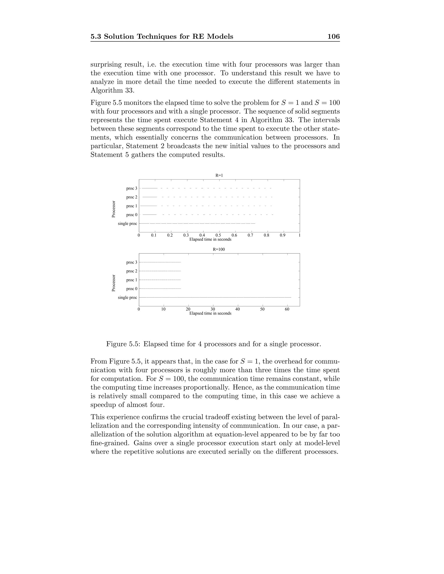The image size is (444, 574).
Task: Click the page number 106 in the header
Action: pos(333,37)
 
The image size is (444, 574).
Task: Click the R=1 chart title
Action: pos(219,175)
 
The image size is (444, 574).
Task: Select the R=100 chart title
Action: pos(219,249)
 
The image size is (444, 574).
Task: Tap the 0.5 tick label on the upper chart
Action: pos(218,235)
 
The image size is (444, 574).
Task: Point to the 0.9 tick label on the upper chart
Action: pos(282,235)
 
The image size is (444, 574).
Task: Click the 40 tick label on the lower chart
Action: pos(238,309)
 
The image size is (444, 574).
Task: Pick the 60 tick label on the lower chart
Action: pos(287,309)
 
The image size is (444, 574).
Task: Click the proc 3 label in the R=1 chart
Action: pos(132,188)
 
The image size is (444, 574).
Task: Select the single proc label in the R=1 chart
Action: pos(127,224)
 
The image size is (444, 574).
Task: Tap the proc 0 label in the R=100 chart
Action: pos(132,289)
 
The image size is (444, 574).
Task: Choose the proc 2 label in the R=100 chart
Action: pos(132,271)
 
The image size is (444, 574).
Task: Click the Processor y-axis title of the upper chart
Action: pos(114,209)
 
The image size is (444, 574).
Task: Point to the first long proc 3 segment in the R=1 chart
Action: pos(150,188)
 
